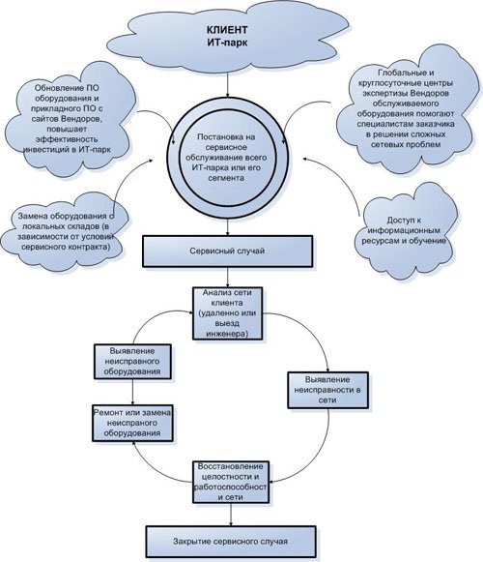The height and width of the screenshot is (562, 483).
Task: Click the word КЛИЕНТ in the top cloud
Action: (x=227, y=29)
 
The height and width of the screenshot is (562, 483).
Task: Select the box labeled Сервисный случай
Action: (x=227, y=251)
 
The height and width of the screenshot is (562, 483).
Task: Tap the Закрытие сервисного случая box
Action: (x=231, y=542)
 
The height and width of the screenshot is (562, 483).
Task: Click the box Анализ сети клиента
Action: (x=228, y=313)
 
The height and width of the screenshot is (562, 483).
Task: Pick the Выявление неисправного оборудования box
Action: (x=132, y=362)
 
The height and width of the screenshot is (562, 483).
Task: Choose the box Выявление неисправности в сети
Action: (x=327, y=390)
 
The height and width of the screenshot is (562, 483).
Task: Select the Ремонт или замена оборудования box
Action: (x=132, y=424)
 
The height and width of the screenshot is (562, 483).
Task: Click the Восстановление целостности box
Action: (x=231, y=482)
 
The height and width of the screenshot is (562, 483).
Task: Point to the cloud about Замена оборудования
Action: (x=65, y=231)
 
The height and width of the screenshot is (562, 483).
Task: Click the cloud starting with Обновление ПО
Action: (x=67, y=118)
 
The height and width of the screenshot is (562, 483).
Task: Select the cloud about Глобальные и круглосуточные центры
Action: (x=406, y=108)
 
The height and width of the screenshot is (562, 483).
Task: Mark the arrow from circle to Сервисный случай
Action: (x=227, y=227)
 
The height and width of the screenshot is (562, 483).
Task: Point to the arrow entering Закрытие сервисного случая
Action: (x=231, y=515)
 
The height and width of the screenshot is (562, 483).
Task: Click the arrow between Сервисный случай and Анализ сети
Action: (x=227, y=278)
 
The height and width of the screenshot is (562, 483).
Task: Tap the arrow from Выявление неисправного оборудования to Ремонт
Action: (x=132, y=392)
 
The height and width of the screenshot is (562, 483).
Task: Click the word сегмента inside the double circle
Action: (x=227, y=178)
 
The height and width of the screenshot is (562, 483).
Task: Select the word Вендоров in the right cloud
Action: (x=429, y=93)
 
